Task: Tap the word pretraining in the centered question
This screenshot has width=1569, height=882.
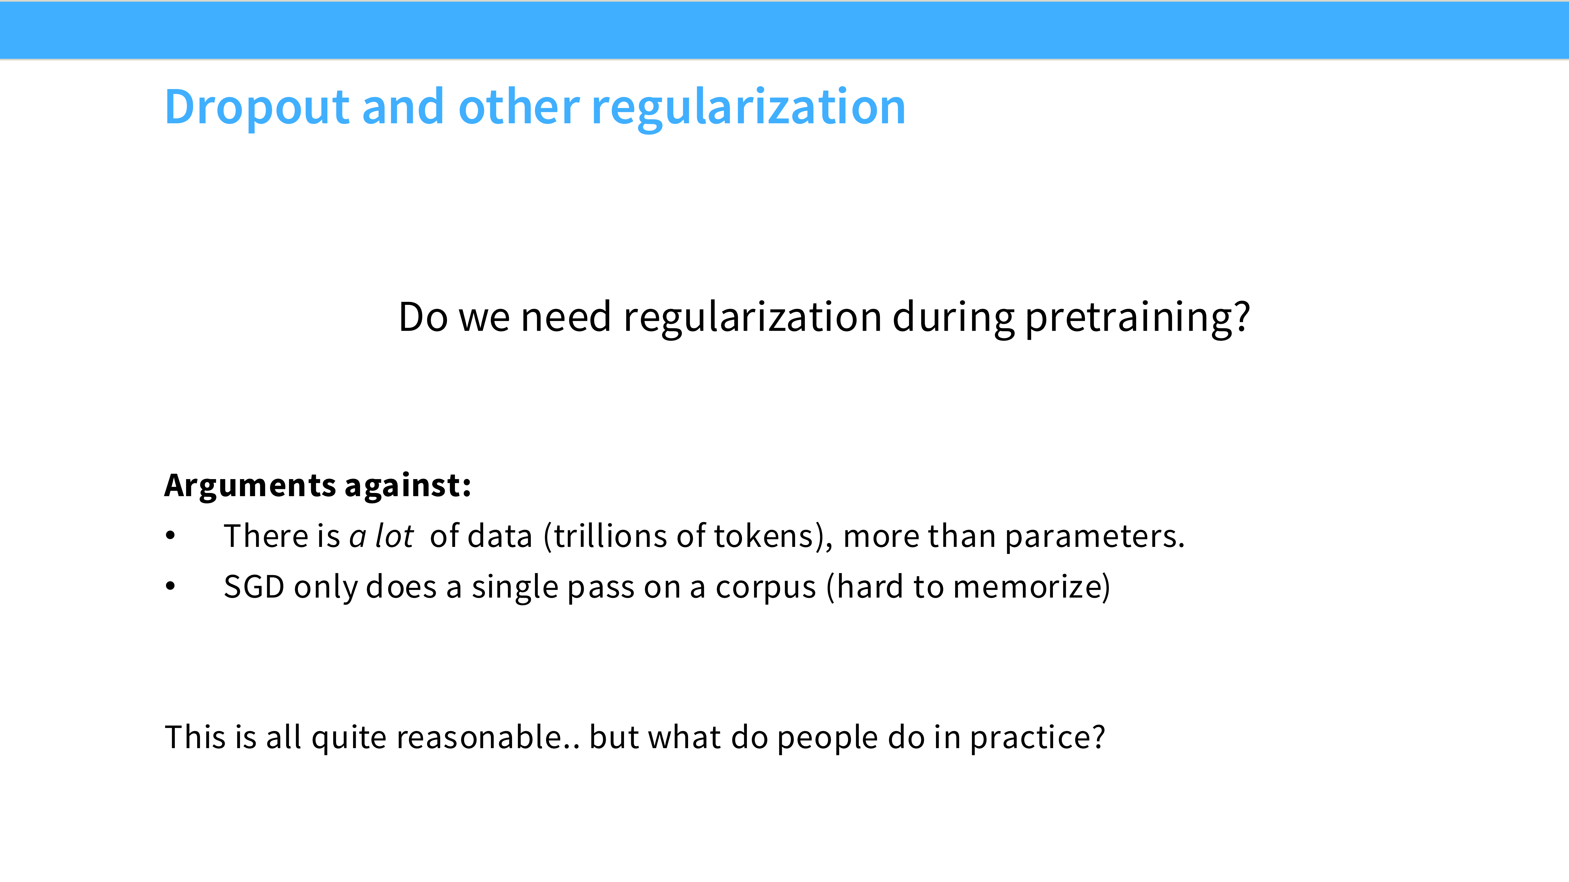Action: point(1130,318)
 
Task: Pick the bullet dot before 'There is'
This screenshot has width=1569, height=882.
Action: point(171,536)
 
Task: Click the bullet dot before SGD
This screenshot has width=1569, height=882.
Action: point(171,586)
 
